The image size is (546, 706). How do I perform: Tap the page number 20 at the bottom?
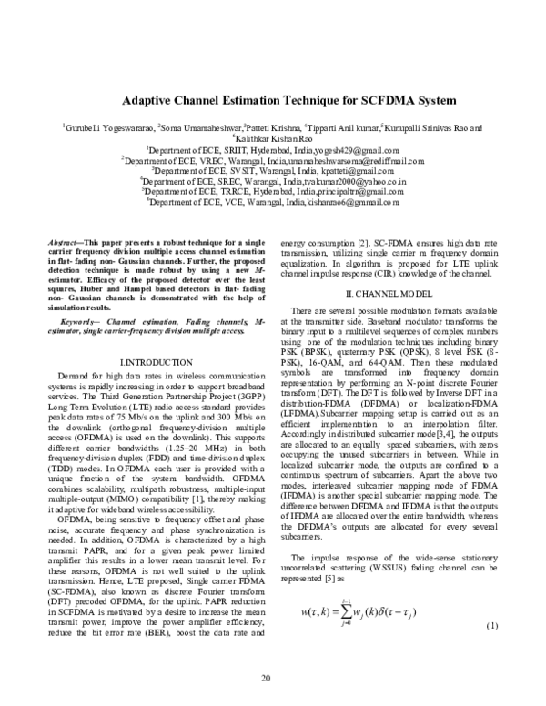(x=266, y=678)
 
